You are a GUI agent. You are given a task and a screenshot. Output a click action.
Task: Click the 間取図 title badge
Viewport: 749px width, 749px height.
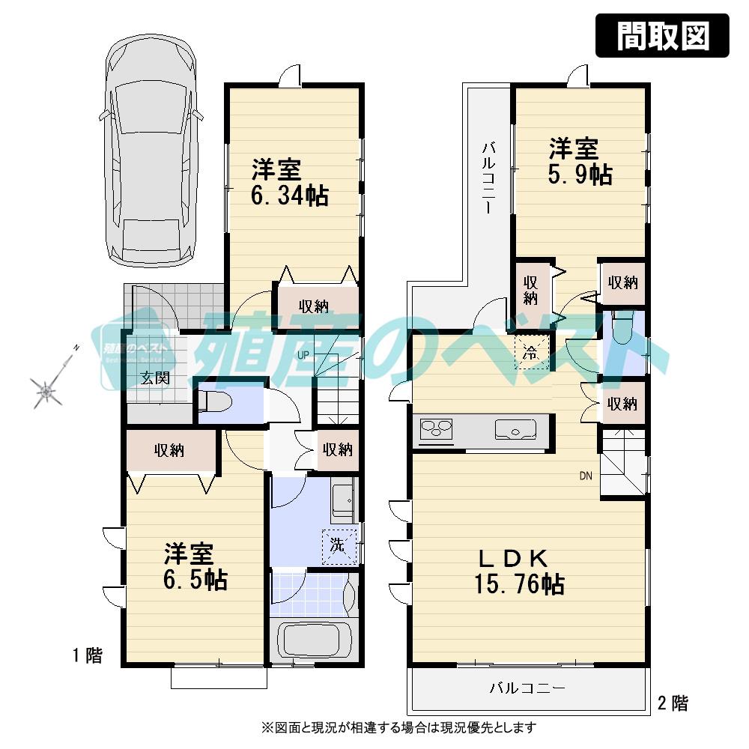(x=662, y=36)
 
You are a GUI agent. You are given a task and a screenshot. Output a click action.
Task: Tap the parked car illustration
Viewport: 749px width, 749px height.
(x=151, y=154)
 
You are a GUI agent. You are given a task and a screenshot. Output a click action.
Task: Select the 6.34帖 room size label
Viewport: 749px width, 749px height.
(x=288, y=196)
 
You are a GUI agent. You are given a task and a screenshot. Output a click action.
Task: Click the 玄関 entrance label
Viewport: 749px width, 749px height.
(x=155, y=378)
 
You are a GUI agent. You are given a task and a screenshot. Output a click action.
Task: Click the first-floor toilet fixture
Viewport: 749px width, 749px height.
(x=216, y=403)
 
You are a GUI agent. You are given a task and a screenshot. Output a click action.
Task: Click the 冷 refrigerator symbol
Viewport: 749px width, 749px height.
(x=530, y=353)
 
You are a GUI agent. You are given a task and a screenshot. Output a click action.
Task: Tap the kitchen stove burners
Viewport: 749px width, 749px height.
(x=437, y=430)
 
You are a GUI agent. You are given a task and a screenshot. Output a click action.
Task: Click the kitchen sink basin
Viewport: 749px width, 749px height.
(x=515, y=430)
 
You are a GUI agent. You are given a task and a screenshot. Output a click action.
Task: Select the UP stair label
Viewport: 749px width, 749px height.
(x=304, y=354)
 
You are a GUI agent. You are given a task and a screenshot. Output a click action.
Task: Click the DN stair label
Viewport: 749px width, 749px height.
(x=585, y=475)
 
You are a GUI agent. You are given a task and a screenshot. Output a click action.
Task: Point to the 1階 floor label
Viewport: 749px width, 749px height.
(x=87, y=656)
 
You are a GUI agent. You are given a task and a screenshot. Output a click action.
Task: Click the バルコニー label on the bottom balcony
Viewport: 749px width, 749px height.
(x=527, y=687)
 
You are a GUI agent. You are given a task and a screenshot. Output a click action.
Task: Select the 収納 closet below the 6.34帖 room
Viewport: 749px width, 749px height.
(x=314, y=306)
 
